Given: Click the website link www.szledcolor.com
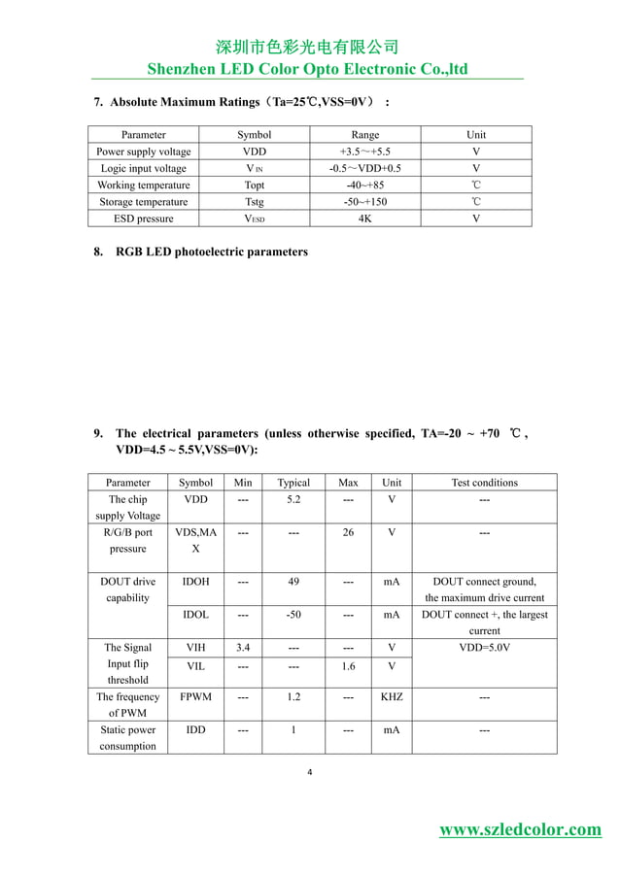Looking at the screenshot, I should (x=520, y=828).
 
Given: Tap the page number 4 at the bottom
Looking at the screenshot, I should (x=308, y=773).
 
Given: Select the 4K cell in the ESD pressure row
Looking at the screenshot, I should (x=364, y=219).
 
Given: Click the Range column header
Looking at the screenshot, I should (x=364, y=135).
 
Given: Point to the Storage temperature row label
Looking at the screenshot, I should (x=144, y=202).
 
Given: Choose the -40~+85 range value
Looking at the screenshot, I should (x=364, y=185).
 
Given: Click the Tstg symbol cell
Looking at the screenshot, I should (x=254, y=202).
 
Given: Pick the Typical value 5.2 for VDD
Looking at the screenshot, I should (x=293, y=499).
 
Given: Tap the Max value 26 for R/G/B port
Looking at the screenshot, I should (x=348, y=532).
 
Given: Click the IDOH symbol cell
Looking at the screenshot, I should (x=195, y=582).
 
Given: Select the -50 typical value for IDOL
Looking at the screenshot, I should (x=293, y=615).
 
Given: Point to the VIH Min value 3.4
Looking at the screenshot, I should (x=243, y=648).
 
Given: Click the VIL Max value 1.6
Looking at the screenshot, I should (x=348, y=665).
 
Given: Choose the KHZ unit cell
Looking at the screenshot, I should (x=392, y=697).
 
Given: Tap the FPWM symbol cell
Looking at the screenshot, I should (x=195, y=697).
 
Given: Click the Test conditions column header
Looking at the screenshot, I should (x=484, y=483).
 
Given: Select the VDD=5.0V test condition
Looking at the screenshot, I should (x=484, y=648).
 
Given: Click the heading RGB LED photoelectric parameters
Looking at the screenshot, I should (x=211, y=252).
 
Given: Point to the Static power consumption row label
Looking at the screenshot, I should (x=127, y=738).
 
